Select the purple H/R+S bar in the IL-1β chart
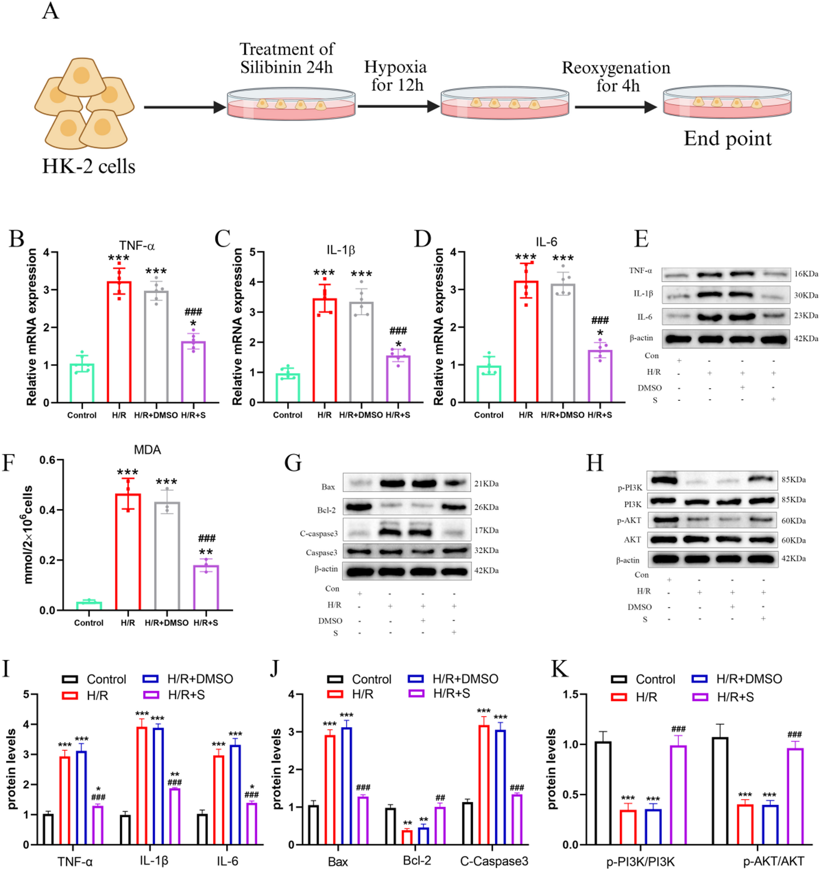398,379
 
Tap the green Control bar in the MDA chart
89,605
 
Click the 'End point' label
727,139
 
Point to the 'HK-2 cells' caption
88,166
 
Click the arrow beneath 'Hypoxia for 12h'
399,107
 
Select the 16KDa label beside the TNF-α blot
806,274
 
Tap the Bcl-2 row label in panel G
326,510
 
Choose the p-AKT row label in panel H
629,521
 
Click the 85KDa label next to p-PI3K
793,480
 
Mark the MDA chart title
147,450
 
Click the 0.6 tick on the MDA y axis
48,460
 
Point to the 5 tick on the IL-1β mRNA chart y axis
252,252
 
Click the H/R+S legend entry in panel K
735,697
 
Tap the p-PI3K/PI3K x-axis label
640,861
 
